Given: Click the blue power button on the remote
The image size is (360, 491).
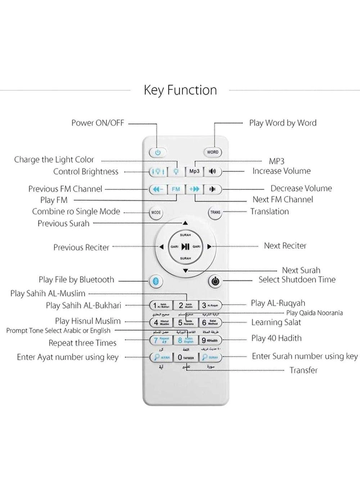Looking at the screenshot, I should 158,152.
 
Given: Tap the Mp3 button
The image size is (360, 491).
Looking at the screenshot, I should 194,171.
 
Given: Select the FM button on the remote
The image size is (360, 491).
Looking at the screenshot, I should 176,189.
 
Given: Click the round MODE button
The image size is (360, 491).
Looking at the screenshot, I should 156,213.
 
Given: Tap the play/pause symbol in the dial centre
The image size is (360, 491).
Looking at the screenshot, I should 185,247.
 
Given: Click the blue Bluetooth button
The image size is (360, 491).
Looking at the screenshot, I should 156,281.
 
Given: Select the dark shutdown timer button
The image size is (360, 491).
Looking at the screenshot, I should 215,281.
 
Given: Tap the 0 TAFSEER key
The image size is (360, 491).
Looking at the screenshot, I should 186,358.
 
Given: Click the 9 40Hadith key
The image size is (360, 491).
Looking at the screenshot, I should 210,340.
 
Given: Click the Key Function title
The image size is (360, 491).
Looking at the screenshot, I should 180,90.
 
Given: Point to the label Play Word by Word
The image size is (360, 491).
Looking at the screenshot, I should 283,123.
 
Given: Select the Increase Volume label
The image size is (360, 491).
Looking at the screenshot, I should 281,171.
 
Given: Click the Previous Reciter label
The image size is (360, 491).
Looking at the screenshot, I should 81,247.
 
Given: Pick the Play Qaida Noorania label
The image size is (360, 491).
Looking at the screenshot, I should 314,313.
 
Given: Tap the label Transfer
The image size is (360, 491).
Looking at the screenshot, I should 303,370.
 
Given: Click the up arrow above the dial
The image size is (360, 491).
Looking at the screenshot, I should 185,223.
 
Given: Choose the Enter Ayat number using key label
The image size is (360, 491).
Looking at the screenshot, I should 68,357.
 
